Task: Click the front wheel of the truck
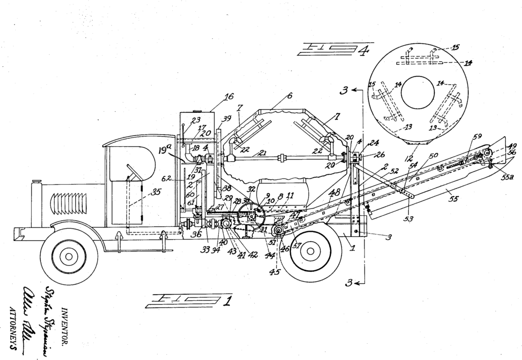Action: tap(69, 256)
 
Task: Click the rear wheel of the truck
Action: tap(308, 250)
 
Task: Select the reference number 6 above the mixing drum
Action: tap(290, 96)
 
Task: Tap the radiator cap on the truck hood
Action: tap(37, 182)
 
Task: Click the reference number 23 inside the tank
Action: tap(196, 121)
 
